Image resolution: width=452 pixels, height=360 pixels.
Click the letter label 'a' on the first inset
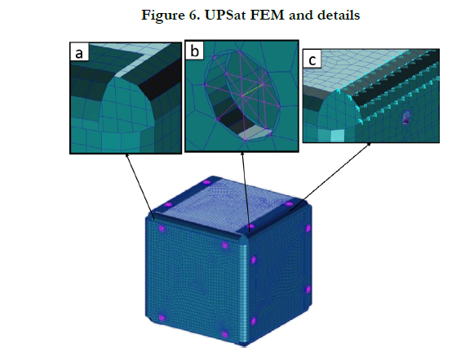point(78,54)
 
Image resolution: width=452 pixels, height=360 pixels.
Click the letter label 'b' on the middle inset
point(194,51)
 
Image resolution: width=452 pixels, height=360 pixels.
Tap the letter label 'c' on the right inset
point(312,60)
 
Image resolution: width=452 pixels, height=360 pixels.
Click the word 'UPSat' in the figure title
point(226,15)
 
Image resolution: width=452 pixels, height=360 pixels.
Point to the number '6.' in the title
point(196,15)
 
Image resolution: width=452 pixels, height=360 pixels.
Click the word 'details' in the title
point(339,15)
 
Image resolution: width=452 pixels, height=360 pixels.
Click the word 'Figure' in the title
point(163,16)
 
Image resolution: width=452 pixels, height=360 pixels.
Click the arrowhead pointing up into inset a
point(126,155)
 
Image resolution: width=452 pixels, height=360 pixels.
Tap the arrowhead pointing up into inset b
point(242,154)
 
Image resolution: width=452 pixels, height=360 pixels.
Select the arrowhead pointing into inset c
point(369,144)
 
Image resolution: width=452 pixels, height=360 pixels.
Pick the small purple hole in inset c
point(406,118)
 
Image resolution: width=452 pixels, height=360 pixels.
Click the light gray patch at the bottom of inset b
point(255,134)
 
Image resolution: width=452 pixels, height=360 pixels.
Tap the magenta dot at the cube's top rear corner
point(206,182)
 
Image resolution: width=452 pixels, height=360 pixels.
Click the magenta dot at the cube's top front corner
point(251,226)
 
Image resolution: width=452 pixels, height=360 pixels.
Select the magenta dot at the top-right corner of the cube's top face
point(289,204)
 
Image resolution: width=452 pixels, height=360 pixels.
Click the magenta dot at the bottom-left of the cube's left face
point(162,318)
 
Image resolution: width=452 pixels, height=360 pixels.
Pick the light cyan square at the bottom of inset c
point(337,136)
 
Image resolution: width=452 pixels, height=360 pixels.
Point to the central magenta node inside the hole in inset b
point(242,96)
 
